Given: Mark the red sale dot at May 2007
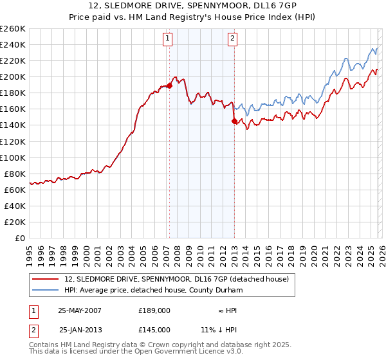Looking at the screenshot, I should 169,85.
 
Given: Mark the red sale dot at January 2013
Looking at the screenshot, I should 234,121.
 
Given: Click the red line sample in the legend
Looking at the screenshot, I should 46,278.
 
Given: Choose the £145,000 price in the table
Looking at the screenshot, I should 154,329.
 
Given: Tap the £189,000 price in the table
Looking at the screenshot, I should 154,310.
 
